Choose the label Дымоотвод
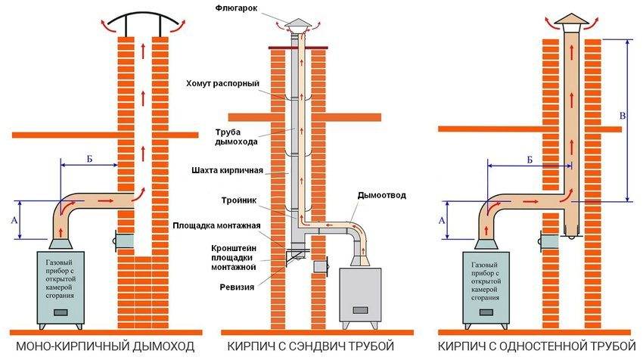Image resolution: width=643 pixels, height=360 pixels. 381,195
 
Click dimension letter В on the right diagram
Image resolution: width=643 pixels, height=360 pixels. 622,116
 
